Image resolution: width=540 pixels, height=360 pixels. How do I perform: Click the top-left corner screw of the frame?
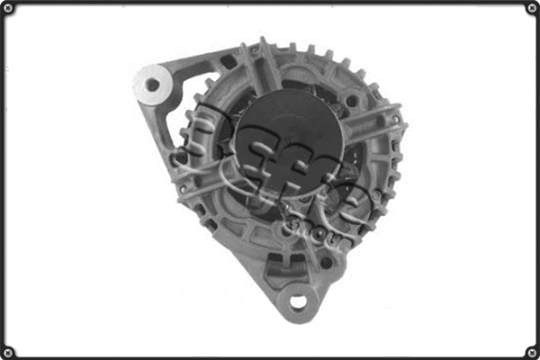8,8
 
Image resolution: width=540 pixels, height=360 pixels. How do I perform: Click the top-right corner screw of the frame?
532,8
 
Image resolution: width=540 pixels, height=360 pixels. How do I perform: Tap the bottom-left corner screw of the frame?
8,351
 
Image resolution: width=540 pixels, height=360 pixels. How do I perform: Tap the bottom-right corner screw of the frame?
532,351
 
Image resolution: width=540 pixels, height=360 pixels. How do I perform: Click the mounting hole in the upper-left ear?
151,85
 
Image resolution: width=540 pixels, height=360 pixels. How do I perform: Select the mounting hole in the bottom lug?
297,301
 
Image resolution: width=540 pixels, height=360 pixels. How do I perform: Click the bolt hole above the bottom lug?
325,262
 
